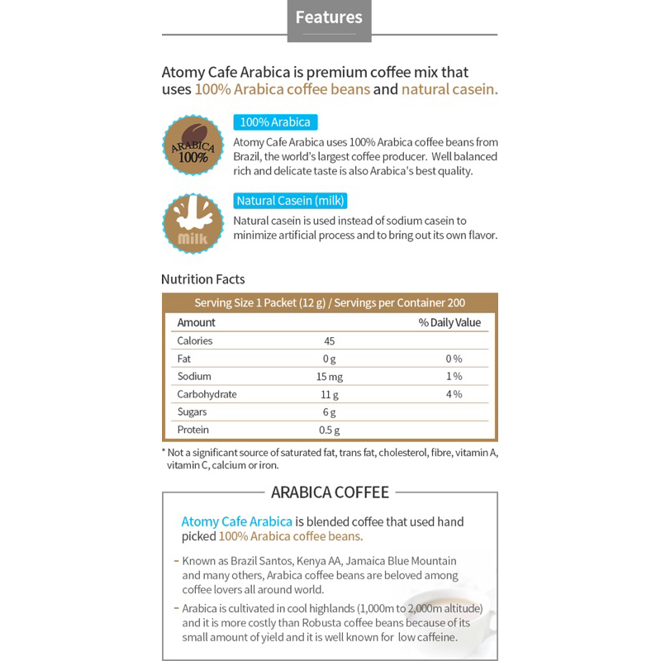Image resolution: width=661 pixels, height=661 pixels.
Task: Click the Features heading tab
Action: [x=328, y=17]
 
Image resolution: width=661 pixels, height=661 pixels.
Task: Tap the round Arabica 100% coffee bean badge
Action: [x=193, y=146]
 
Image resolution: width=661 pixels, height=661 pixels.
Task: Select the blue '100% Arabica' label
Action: [x=275, y=122]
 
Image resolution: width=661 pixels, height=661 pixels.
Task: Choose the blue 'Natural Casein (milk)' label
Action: [x=291, y=201]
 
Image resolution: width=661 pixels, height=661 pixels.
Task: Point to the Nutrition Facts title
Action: [x=202, y=279]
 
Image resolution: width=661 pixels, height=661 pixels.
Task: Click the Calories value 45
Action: [x=329, y=340]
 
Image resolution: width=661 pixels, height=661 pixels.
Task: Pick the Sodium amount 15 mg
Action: [x=329, y=377]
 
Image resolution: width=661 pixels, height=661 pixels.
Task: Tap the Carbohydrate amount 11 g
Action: [x=329, y=394]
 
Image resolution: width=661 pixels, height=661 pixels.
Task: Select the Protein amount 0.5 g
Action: [x=329, y=430]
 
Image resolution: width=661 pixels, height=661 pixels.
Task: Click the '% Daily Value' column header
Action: [x=449, y=322]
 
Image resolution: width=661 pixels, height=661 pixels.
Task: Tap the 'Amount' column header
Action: [x=196, y=322]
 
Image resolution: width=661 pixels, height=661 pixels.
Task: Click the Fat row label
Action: [x=184, y=359]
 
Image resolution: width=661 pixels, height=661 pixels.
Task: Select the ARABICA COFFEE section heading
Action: [x=330, y=493]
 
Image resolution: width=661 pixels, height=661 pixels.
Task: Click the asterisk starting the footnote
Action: [x=164, y=454]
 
